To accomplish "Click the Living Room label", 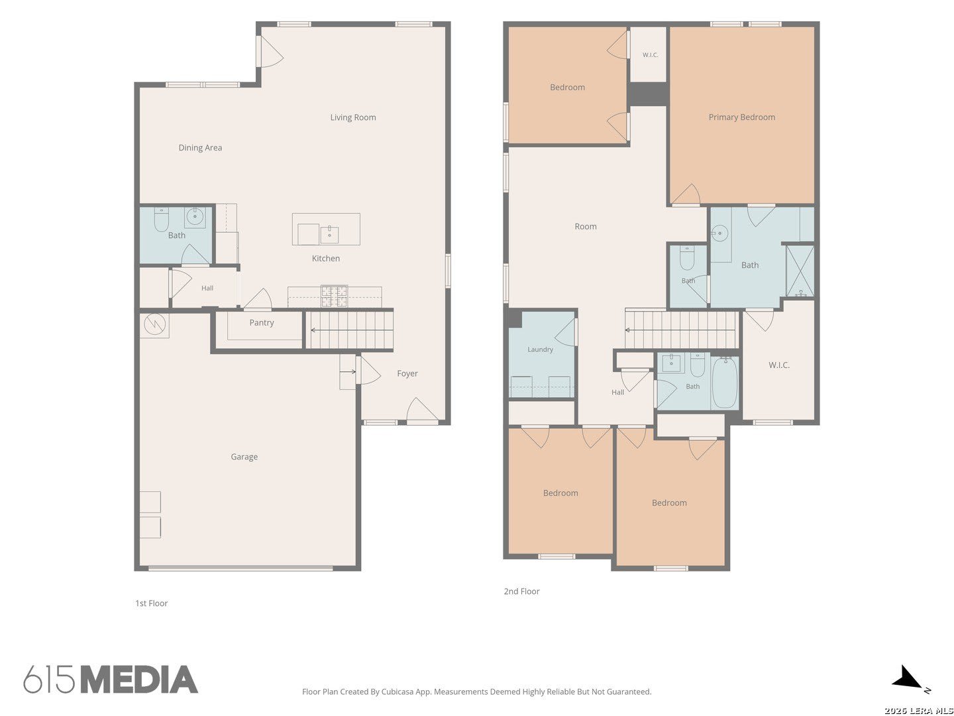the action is click(x=352, y=117).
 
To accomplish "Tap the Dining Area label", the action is click(x=200, y=148).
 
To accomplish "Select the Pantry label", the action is click(x=261, y=323).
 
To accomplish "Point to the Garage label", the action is click(x=244, y=457).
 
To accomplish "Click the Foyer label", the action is click(x=407, y=373).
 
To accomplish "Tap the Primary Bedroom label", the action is click(x=741, y=117).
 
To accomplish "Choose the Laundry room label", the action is click(x=540, y=349).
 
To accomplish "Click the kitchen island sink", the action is click(x=329, y=235).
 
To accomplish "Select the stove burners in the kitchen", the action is click(x=334, y=296).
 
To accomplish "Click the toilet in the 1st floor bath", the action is click(x=161, y=219).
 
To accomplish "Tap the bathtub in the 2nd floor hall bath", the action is click(x=725, y=382).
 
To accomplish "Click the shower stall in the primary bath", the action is click(x=800, y=271).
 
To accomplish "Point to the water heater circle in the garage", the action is click(x=155, y=324).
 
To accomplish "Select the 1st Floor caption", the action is click(x=151, y=603).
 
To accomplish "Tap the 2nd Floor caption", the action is click(x=521, y=591).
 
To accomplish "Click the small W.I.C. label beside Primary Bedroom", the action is click(x=650, y=55).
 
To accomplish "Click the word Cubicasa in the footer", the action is click(x=397, y=691).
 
